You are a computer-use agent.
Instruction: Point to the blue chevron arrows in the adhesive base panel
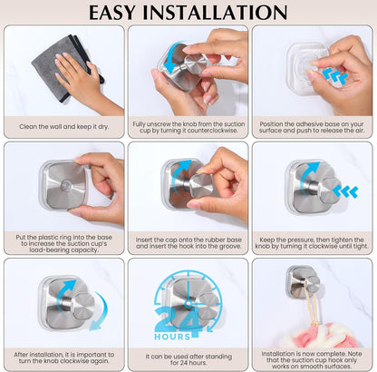pos(336,78)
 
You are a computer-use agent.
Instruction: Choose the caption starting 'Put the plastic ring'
pos(63,241)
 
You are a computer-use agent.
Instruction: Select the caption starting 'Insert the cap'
pos(188,241)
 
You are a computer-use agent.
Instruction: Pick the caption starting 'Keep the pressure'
pos(313,241)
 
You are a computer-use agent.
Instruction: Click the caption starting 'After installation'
pos(63,357)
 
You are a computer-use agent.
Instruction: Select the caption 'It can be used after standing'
pos(188,357)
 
